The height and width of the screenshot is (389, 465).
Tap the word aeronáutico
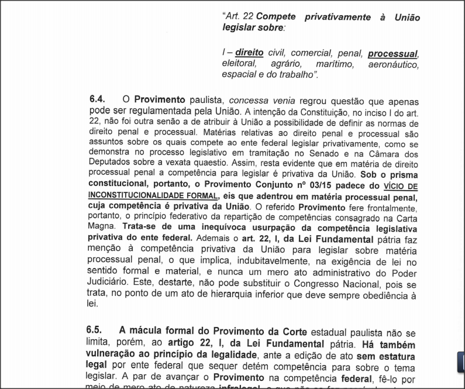393,64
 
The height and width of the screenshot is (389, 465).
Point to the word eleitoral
239,64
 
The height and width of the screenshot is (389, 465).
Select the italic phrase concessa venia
259,100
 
